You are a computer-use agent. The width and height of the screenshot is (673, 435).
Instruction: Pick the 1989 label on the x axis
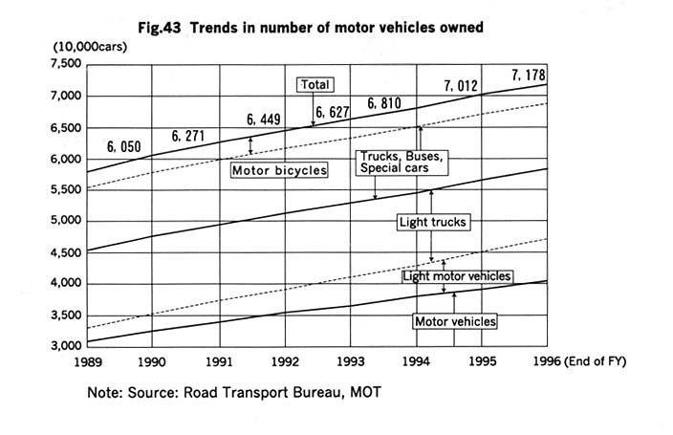pyautogui.click(x=87, y=362)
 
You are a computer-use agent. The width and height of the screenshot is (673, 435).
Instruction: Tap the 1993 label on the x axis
pyautogui.click(x=351, y=362)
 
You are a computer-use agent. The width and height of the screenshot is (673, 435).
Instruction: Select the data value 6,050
pyautogui.click(x=124, y=147)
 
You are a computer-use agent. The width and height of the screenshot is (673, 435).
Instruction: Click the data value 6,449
pyautogui.click(x=264, y=120)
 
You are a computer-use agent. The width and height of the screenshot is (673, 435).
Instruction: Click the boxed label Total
pyautogui.click(x=315, y=85)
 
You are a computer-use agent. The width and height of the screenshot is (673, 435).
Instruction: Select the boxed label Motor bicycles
pyautogui.click(x=279, y=171)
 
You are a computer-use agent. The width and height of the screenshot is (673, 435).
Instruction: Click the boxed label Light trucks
pyautogui.click(x=432, y=222)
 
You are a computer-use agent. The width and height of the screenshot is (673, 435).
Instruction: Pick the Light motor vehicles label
pyautogui.click(x=457, y=276)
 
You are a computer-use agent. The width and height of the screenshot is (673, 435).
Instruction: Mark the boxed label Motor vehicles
pyautogui.click(x=455, y=321)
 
